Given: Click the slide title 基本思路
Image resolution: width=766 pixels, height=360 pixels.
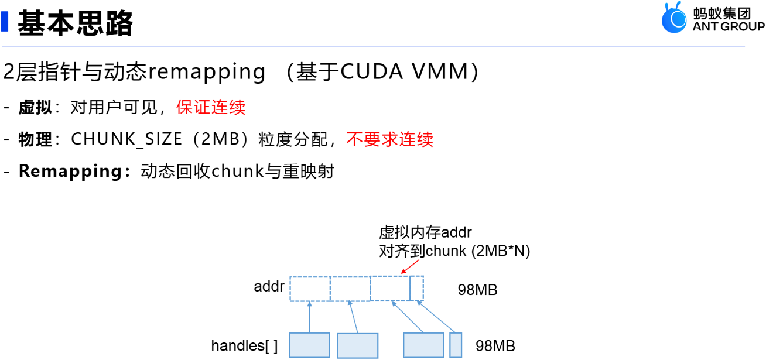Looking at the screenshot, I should [76, 23].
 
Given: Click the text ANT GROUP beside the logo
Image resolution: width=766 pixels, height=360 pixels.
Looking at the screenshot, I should [728, 26].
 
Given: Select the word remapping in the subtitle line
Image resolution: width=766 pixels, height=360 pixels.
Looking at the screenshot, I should [207, 72].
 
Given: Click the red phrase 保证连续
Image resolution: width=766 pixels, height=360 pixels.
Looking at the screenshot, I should [211, 107].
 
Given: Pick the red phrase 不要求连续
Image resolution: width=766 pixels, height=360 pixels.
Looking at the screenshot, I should [389, 139].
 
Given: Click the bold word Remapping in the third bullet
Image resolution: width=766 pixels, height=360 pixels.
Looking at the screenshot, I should [70, 172].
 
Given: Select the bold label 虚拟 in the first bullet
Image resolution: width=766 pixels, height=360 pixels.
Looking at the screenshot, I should [35, 107].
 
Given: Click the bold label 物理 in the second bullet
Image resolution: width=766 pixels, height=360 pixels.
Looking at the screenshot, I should [35, 139].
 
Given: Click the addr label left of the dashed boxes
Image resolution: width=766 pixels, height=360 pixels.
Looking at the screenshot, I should [269, 287].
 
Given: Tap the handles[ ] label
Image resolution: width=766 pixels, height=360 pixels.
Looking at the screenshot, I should [244, 346].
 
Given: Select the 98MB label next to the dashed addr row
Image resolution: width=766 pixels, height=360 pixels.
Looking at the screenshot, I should [477, 290].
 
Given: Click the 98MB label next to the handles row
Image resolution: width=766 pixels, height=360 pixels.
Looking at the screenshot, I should [495, 346].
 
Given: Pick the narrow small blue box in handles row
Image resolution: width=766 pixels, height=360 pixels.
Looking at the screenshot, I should [456, 345].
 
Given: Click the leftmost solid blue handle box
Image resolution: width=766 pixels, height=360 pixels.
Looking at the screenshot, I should [310, 345].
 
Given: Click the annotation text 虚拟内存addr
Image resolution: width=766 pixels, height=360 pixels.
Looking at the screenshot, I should [425, 233].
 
